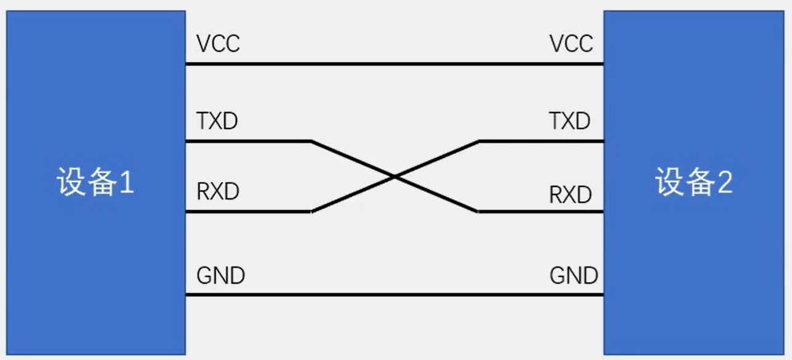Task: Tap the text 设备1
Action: click(x=95, y=182)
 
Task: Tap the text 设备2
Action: click(x=694, y=183)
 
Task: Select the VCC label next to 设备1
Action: click(x=218, y=44)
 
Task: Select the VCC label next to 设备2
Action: click(x=571, y=44)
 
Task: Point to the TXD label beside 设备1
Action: click(x=217, y=121)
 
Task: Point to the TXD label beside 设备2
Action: click(x=569, y=121)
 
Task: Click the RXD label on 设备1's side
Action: click(x=217, y=192)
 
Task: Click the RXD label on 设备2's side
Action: click(x=570, y=195)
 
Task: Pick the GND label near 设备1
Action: click(x=220, y=276)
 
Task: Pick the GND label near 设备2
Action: click(x=574, y=275)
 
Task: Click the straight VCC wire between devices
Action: click(x=394, y=63)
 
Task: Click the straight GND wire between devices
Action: click(x=394, y=295)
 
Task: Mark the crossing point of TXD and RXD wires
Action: click(x=394, y=177)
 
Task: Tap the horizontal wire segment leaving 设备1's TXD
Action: click(x=246, y=141)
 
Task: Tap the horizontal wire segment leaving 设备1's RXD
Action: click(x=246, y=212)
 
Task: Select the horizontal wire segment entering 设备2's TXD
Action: click(x=542, y=141)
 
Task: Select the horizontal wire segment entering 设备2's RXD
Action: click(x=542, y=212)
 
